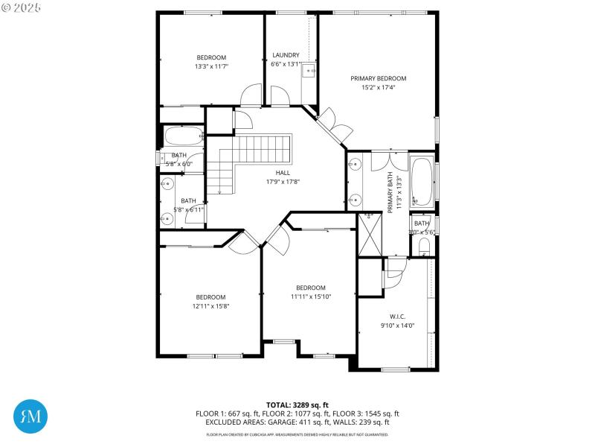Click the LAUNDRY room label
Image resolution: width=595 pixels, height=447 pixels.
tap(286, 55)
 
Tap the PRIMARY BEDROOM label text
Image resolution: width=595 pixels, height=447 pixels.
tap(379, 78)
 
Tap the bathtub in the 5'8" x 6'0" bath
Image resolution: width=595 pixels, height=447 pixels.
tap(183, 136)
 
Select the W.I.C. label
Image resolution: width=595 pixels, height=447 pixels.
tap(396, 316)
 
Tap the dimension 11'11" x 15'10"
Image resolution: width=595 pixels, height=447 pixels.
tap(310, 297)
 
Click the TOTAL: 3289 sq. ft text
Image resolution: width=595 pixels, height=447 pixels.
tap(297, 405)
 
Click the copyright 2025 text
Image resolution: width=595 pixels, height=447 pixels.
tap(22, 7)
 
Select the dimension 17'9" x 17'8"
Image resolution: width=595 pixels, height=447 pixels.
tap(283, 181)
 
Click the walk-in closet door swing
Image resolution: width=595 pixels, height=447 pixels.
tap(393, 272)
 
